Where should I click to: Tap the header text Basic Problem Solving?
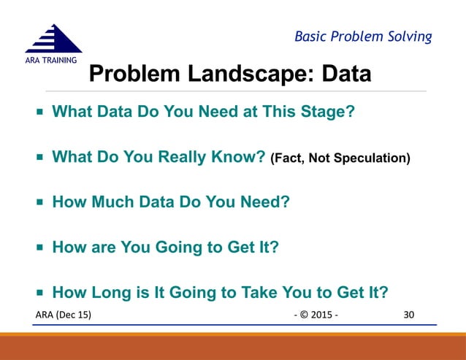tap(362, 37)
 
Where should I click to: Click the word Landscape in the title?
tap(242, 74)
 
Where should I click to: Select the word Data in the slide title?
tap(343, 74)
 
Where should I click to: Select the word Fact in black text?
tap(288, 158)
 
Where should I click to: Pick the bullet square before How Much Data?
tap(39, 202)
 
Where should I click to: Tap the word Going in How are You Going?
tap(180, 248)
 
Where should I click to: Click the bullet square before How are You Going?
tap(39, 248)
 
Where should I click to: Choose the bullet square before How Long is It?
tap(39, 293)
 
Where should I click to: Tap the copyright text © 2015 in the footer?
tap(316, 314)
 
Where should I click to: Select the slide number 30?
tap(409, 314)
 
